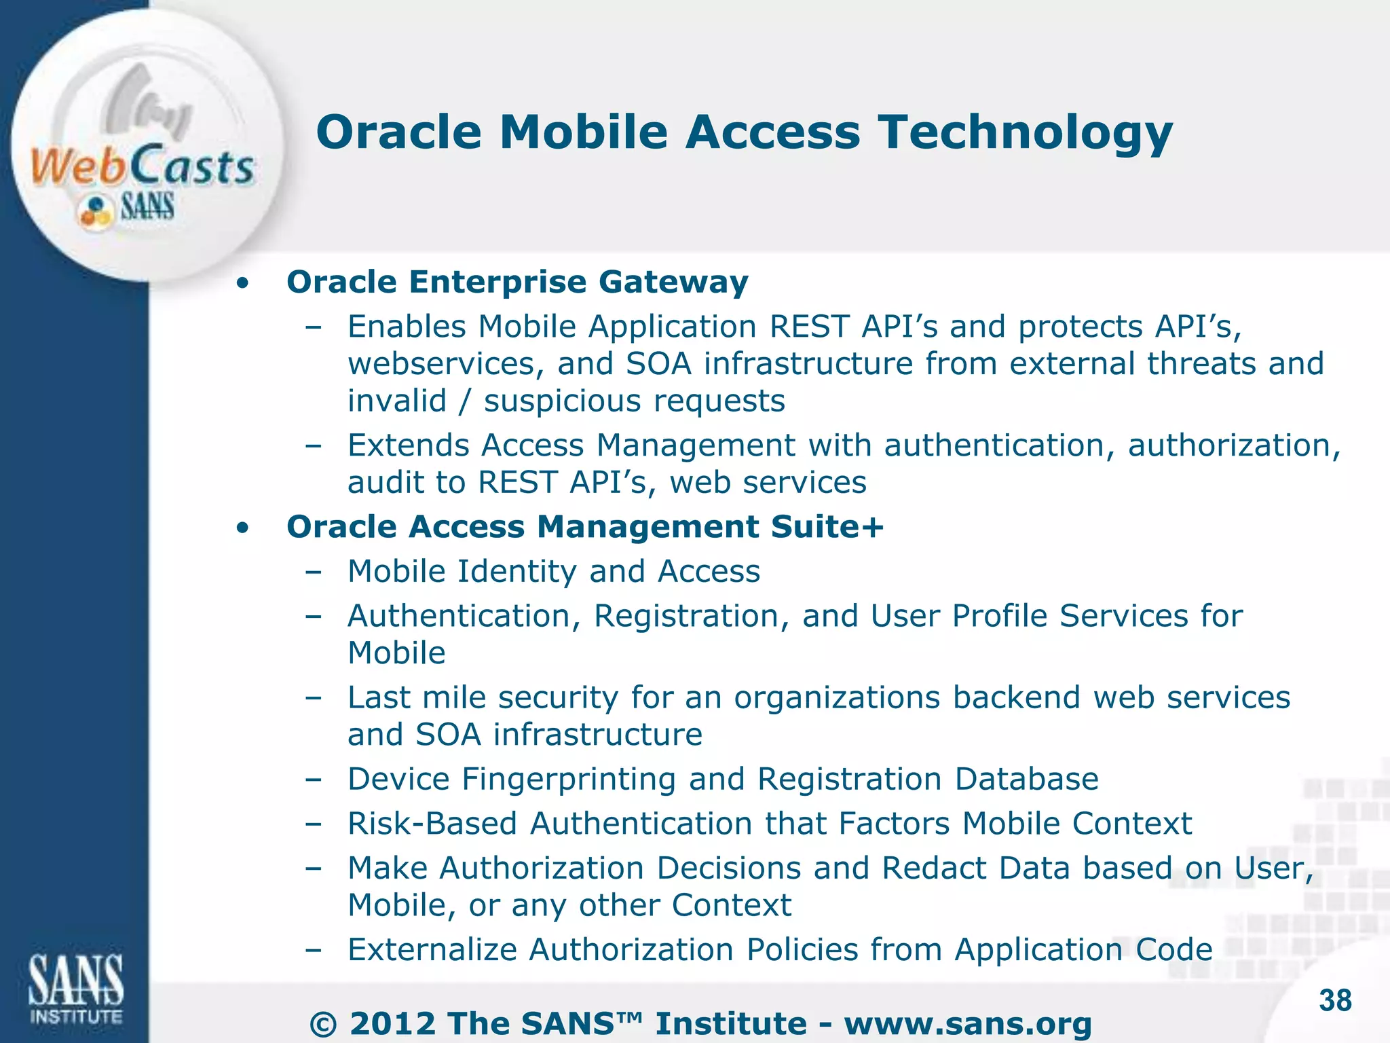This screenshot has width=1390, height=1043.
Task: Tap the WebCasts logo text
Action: click(x=143, y=166)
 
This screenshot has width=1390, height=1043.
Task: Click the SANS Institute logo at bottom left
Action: click(x=75, y=988)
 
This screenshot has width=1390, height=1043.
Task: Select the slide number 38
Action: click(x=1335, y=1000)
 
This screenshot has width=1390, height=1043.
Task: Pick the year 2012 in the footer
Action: click(x=392, y=1024)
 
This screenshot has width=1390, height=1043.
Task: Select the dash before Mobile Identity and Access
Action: click(x=313, y=572)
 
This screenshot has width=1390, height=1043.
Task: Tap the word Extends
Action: click(x=408, y=445)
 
